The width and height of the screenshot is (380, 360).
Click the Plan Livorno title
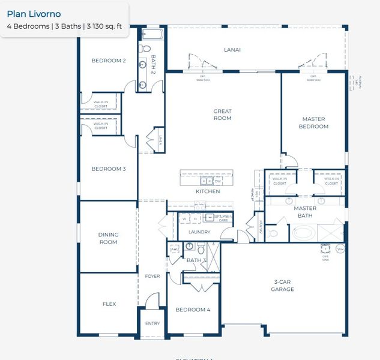pos(34,14)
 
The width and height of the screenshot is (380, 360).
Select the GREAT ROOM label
pos(222,115)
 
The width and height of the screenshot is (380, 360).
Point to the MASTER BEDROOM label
pos(314,123)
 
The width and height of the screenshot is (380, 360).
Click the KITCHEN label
pos(208,191)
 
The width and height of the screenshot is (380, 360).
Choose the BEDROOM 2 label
pos(108,61)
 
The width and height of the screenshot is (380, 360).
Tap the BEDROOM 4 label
pos(192,310)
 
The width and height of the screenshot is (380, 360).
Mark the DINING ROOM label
pos(108,238)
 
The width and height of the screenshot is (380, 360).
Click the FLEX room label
pos(109,304)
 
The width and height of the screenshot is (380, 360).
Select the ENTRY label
pos(152,323)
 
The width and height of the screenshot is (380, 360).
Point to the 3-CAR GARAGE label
pos(282,286)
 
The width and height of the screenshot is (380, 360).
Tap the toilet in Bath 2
pos(146,49)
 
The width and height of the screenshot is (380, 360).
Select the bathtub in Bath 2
pos(152,34)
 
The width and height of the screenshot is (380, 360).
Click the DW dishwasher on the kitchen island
pos(218,181)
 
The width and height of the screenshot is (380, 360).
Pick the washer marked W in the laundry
pos(184,219)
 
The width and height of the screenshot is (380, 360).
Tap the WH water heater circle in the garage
pos(340,248)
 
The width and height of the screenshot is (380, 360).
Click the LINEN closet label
pos(160,141)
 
